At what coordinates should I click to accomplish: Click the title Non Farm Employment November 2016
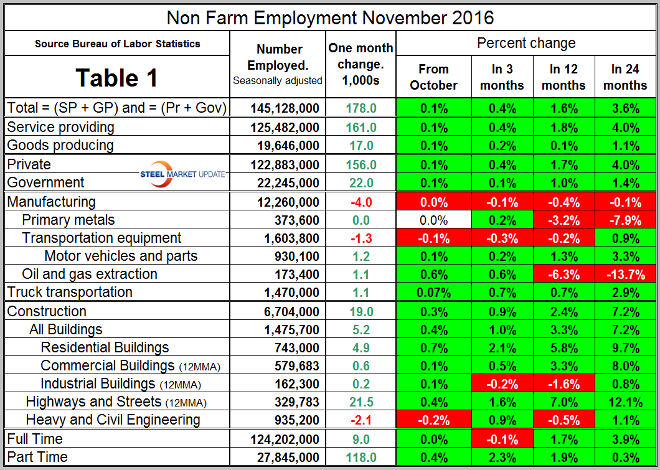(x=330, y=17)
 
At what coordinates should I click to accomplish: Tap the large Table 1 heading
(x=117, y=78)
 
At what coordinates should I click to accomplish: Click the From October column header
(x=433, y=77)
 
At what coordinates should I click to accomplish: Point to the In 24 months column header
(x=625, y=77)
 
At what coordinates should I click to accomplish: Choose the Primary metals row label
(x=68, y=220)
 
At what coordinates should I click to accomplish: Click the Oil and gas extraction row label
(x=89, y=274)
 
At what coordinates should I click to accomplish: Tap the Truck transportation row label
(x=69, y=292)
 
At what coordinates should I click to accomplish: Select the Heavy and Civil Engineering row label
(x=113, y=420)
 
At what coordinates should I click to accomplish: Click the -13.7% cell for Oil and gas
(x=625, y=274)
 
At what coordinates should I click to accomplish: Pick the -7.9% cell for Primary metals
(x=625, y=220)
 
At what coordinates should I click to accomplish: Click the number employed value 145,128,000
(x=285, y=108)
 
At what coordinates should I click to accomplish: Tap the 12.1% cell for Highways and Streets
(x=625, y=402)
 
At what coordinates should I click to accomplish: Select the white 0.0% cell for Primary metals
(x=433, y=220)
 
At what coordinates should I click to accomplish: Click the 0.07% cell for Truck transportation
(x=433, y=292)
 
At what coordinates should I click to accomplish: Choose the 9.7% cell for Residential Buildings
(x=625, y=347)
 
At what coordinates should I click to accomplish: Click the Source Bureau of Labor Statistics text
(x=118, y=44)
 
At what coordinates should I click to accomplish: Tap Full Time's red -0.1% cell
(x=502, y=439)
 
